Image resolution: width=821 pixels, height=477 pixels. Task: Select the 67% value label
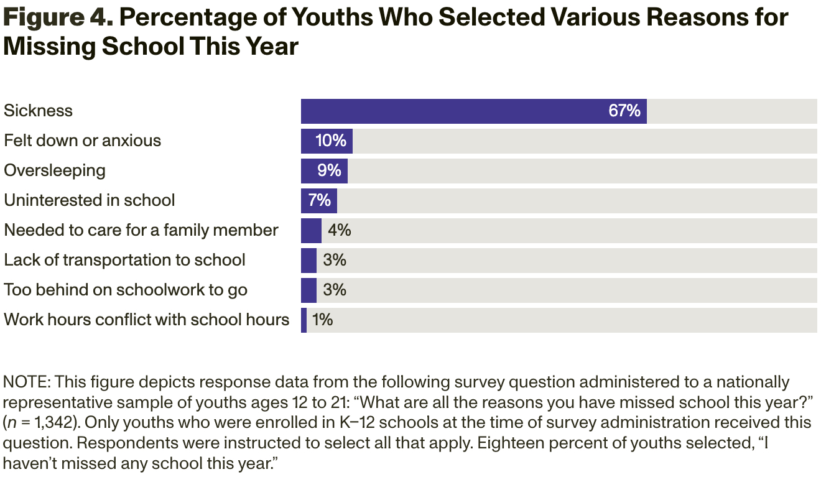click(x=624, y=111)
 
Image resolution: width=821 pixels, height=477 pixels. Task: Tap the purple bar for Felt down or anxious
click(x=327, y=141)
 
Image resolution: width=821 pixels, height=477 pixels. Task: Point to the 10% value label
click(x=331, y=141)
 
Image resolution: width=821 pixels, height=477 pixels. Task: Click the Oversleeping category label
click(x=55, y=170)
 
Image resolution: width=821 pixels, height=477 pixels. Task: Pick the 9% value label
click(x=329, y=171)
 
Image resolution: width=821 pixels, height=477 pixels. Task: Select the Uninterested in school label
click(x=90, y=200)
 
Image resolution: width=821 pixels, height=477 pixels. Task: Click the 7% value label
click(x=319, y=201)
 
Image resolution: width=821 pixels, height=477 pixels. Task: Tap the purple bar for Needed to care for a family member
click(x=311, y=231)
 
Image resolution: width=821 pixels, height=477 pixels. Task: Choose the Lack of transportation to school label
click(x=125, y=260)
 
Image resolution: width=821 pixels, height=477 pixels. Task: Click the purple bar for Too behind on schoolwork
click(x=308, y=290)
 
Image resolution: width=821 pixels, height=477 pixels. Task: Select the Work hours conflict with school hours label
click(x=147, y=320)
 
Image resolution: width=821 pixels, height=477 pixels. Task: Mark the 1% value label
click(x=322, y=320)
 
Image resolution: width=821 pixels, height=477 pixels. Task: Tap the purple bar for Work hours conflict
click(x=304, y=320)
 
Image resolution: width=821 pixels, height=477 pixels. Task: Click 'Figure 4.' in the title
click(x=57, y=18)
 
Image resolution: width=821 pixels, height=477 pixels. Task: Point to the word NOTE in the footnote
click(x=23, y=382)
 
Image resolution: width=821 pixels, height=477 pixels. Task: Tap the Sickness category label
click(x=39, y=111)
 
